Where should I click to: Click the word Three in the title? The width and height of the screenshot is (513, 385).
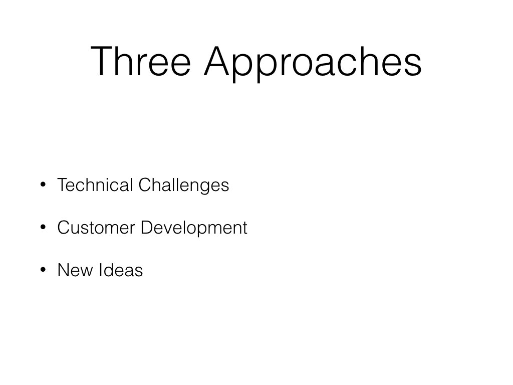(141, 61)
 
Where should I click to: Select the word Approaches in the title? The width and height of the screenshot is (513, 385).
(313, 64)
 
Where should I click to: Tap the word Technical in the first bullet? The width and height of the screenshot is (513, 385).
(95, 184)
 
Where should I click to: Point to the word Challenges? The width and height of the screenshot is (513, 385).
(184, 185)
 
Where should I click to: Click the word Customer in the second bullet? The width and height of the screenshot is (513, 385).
(96, 228)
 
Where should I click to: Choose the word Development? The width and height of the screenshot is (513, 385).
(194, 228)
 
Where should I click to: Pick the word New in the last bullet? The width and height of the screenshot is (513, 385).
(75, 270)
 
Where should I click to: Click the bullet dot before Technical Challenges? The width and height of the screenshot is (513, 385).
(43, 184)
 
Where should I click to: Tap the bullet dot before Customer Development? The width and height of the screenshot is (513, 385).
(43, 227)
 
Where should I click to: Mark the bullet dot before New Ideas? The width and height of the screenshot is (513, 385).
(43, 270)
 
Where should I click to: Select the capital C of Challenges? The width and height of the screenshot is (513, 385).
(145, 184)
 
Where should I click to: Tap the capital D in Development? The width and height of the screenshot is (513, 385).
(147, 228)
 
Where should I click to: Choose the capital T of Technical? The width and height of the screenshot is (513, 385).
(63, 184)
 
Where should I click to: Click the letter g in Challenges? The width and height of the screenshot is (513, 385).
(207, 188)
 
